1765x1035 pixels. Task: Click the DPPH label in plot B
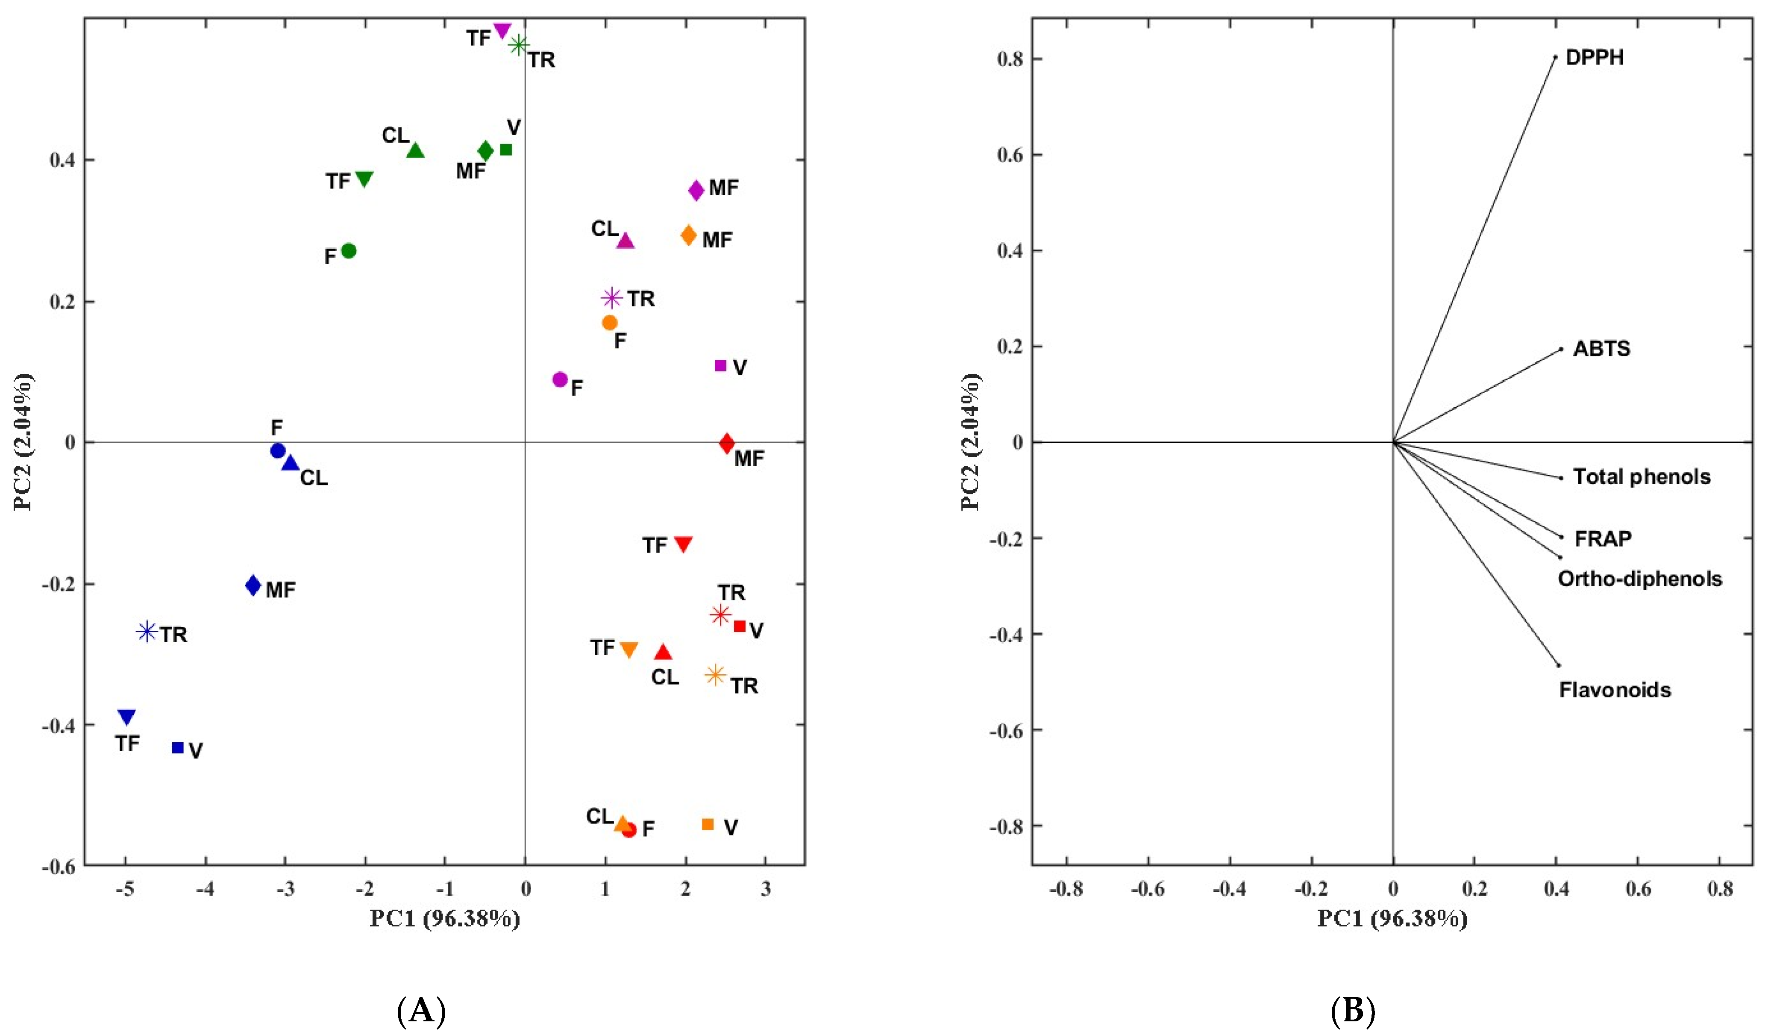1594,57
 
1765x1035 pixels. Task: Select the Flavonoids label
1615,690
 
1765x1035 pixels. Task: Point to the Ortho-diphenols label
1640,579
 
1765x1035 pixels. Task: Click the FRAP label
1603,539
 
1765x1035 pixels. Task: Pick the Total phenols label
1642,477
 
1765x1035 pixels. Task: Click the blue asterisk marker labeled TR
147,631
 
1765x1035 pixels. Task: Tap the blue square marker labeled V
178,748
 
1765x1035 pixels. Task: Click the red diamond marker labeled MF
727,443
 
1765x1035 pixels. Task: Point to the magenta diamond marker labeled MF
696,191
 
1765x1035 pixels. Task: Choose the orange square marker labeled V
708,824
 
